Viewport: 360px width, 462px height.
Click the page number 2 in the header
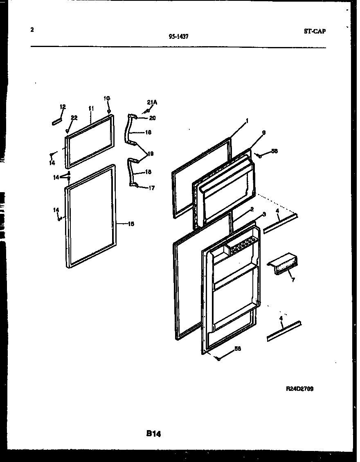click(32, 29)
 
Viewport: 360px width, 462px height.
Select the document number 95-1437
click(178, 36)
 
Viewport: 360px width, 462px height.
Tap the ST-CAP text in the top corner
click(315, 31)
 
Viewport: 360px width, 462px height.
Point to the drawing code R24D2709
click(299, 389)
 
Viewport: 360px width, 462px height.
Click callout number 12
click(63, 107)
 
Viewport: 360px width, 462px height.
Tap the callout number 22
click(74, 118)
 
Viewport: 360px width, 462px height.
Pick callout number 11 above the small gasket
click(91, 108)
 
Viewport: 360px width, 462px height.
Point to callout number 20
click(152, 118)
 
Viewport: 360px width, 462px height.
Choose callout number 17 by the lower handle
click(151, 188)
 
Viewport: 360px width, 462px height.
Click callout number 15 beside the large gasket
click(131, 224)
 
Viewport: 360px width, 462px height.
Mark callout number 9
click(264, 132)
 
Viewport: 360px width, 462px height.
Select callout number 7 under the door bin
click(293, 280)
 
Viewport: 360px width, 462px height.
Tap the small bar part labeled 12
click(56, 121)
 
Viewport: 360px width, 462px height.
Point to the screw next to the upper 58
click(259, 155)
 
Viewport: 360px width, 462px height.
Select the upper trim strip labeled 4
click(281, 224)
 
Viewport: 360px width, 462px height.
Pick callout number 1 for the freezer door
click(247, 121)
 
